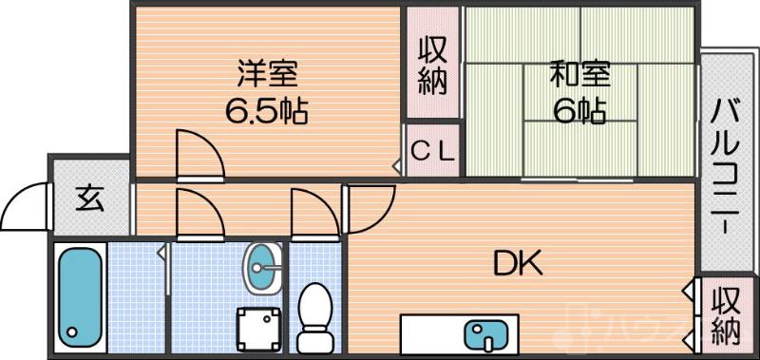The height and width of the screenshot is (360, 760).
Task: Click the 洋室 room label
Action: click(x=267, y=73)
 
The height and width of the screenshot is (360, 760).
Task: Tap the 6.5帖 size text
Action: click(x=265, y=112)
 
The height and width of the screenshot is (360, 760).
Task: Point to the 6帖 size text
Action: click(x=579, y=112)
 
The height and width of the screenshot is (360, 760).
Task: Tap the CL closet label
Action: click(x=433, y=150)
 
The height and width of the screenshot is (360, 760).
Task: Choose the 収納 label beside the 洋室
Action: click(x=433, y=65)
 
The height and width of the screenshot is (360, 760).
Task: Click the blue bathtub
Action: click(x=79, y=295)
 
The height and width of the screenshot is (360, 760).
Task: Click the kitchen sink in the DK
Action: click(x=486, y=334)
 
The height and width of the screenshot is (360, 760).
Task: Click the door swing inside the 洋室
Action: click(x=198, y=152)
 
